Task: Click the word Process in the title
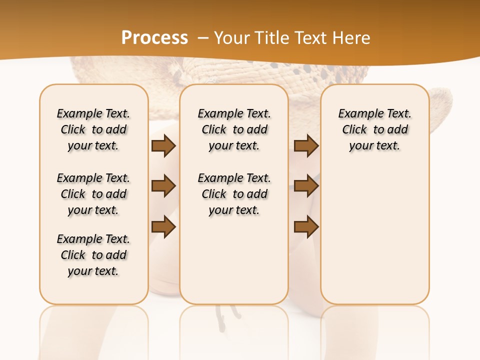154,37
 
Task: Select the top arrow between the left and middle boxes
163,146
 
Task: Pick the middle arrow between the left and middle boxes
163,186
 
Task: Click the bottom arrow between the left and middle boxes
163,227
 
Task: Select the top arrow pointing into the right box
306,146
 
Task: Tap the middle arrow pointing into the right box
306,186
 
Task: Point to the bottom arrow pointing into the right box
306,227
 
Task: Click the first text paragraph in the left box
93,129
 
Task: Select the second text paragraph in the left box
93,194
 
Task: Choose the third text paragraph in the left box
93,255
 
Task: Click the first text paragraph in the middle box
234,129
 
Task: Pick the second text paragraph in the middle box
234,194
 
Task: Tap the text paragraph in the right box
374,129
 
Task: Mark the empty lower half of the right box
374,240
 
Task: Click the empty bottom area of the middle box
234,265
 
